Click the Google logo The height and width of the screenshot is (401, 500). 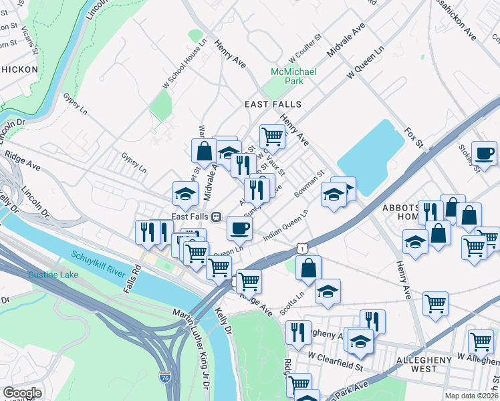(22, 393)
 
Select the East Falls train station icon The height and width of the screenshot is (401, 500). (217, 217)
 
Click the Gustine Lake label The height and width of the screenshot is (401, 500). (53, 275)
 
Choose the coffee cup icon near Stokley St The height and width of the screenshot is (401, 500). (484, 152)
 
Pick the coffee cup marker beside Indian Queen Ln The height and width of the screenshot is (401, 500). (239, 228)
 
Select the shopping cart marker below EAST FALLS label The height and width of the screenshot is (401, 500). (272, 136)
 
